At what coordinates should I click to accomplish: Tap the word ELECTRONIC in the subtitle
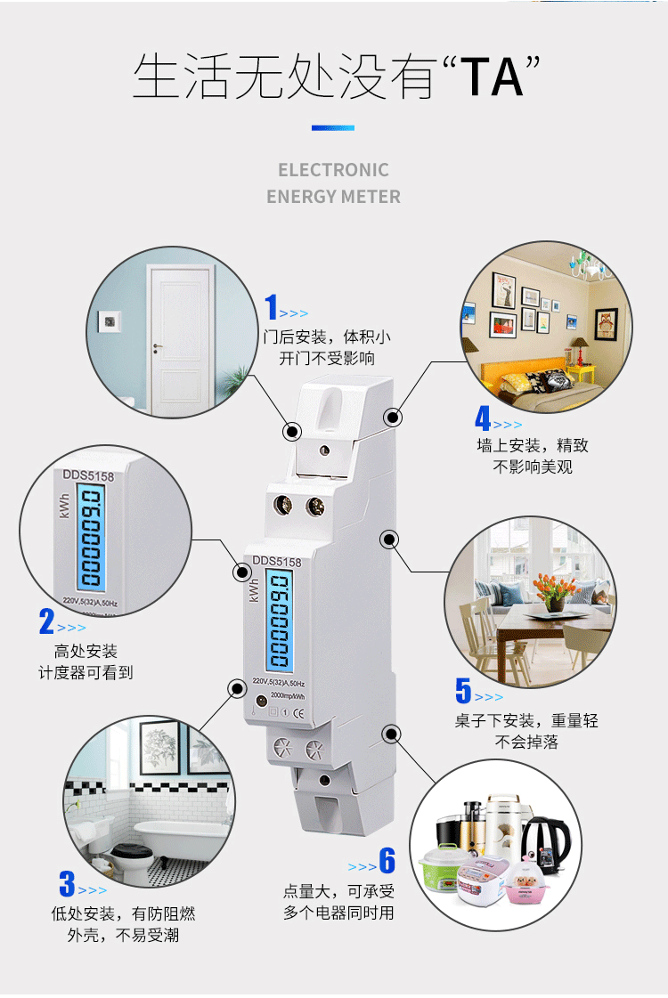coord(333,170)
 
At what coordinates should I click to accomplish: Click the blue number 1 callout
coord(272,307)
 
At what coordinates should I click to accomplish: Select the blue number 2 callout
coord(46,621)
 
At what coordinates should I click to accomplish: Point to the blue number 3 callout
coord(67,884)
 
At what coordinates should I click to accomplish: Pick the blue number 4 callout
coord(483,418)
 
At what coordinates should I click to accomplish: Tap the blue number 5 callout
coord(463,690)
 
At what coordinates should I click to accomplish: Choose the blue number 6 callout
coord(387,861)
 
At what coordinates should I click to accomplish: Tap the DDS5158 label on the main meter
coord(277,562)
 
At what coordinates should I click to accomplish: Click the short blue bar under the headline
coord(333,128)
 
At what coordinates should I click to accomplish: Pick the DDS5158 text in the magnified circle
coord(88,477)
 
